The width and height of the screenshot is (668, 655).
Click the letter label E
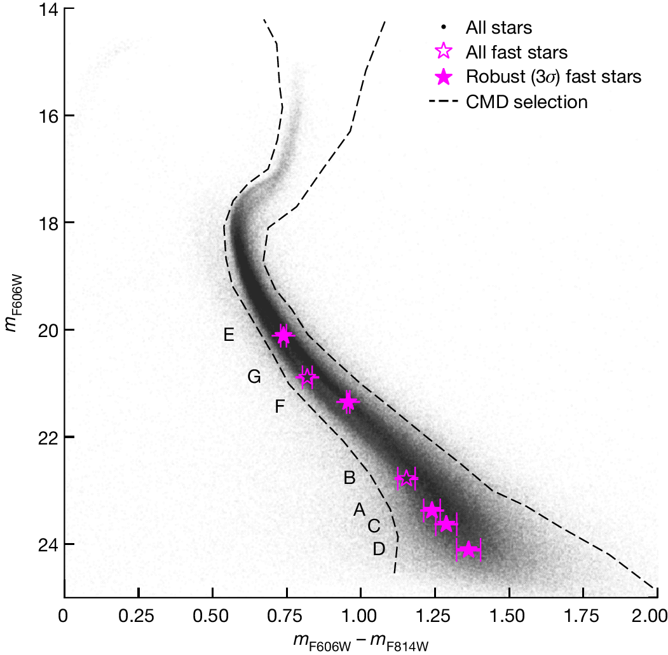[x=229, y=335]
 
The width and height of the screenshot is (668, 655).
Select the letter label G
[x=254, y=377]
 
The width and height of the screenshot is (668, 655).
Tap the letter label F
[x=279, y=406]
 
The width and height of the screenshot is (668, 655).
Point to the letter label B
[x=349, y=478]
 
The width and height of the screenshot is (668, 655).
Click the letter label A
[x=359, y=509]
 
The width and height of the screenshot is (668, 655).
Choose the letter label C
[x=374, y=526]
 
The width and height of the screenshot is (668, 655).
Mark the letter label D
[x=379, y=549]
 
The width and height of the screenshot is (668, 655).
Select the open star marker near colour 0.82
[x=308, y=377]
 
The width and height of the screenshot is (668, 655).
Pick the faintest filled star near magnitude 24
[x=469, y=550]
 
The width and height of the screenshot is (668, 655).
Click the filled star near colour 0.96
[x=348, y=402]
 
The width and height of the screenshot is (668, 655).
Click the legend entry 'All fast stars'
[x=516, y=52]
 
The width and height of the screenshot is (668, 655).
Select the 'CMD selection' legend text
[x=526, y=102]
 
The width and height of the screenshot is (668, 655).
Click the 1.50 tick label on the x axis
[x=508, y=617]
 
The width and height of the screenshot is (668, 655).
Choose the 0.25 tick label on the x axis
[x=138, y=617]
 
